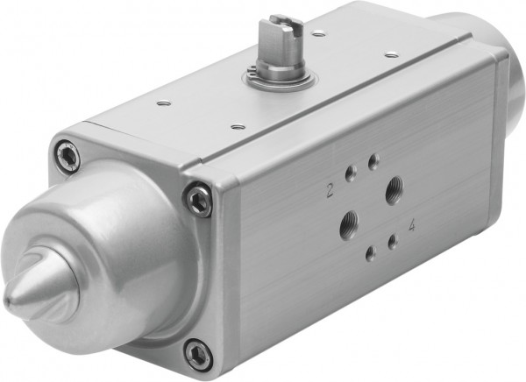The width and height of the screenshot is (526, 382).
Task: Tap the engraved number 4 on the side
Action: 411,223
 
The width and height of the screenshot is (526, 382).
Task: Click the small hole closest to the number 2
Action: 349,174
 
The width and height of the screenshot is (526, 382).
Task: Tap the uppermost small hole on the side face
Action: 373,160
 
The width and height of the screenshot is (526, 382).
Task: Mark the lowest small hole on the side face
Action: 371,253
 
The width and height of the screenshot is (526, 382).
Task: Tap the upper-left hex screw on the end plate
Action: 65,157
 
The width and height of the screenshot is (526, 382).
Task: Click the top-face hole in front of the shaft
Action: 234,128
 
